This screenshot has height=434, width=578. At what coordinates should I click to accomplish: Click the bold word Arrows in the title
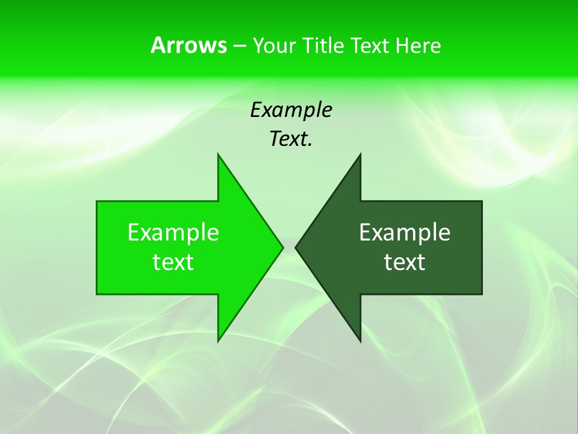coord(188,45)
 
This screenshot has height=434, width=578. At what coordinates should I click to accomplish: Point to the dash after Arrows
coord(239,46)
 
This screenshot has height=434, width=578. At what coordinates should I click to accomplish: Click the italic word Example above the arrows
coord(291,110)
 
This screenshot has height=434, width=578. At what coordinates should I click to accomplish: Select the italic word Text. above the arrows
coord(291,139)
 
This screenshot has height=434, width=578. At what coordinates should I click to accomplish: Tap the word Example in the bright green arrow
coord(173,232)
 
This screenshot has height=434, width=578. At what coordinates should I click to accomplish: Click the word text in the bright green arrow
coord(173,262)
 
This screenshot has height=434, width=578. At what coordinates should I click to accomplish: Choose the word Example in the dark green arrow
coord(405,232)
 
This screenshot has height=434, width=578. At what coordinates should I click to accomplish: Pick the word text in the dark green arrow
coord(405,262)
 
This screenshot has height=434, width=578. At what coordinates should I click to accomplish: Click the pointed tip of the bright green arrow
coord(282,247)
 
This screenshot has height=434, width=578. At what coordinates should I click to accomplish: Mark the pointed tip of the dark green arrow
coord(296,247)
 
